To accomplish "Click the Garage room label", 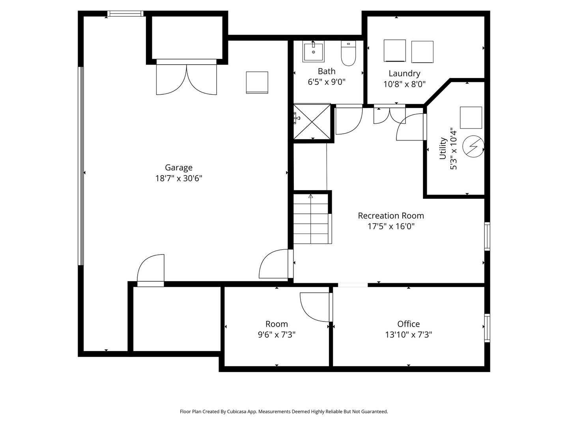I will pyautogui.click(x=178, y=168).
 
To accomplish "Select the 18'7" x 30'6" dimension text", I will pyautogui.click(x=178, y=178).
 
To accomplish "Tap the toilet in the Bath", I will pyautogui.click(x=348, y=54).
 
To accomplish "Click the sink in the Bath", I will pyautogui.click(x=313, y=52).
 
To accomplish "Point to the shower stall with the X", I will pyautogui.click(x=312, y=121).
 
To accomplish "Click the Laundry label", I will pyautogui.click(x=404, y=73).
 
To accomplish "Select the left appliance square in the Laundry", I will pyautogui.click(x=395, y=50).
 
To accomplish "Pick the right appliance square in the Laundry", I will pyautogui.click(x=422, y=52).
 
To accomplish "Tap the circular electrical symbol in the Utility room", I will pyautogui.click(x=473, y=146).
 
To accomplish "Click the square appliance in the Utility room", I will pyautogui.click(x=471, y=118).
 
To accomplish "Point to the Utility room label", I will pyautogui.click(x=443, y=149).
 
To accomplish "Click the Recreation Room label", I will pyautogui.click(x=390, y=216).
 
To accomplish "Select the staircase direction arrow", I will pyautogui.click(x=310, y=196).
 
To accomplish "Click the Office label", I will pyautogui.click(x=408, y=324).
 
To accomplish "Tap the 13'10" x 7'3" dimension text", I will pyautogui.click(x=408, y=335).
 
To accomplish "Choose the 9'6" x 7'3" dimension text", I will pyautogui.click(x=276, y=335).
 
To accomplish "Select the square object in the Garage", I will pyautogui.click(x=257, y=82).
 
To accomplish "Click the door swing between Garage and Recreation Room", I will pyautogui.click(x=275, y=264).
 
